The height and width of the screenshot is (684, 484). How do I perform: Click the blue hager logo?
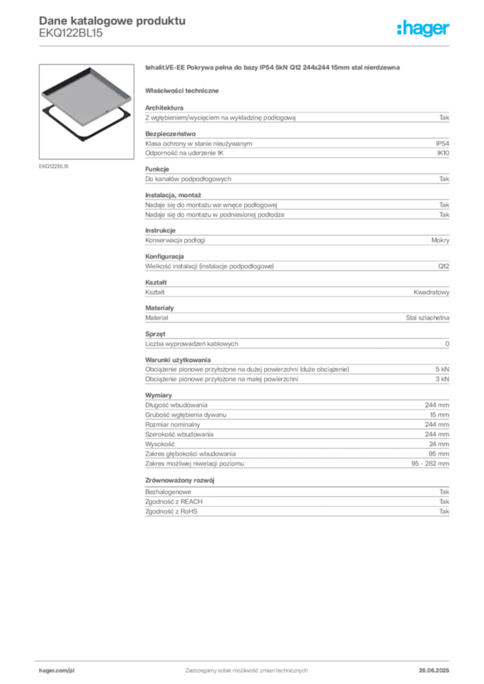[423, 29]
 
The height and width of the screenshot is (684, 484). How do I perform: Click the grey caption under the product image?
[53, 165]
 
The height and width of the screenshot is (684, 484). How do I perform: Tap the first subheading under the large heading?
[184, 90]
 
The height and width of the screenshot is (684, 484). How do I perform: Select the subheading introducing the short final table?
[181, 480]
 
